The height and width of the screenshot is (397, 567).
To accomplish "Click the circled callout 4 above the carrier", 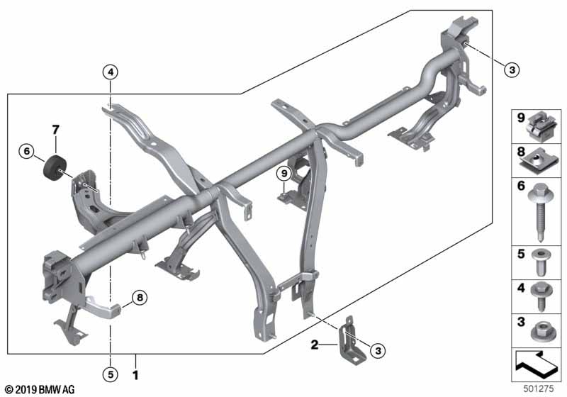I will pos(111,71).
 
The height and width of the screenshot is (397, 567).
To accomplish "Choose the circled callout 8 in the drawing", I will pos(140,298).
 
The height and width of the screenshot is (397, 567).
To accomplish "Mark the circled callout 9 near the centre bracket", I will pos(283,172).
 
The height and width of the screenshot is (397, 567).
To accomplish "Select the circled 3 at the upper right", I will pos(512,69).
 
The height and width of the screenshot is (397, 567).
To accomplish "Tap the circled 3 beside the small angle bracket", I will pos(378,349).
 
